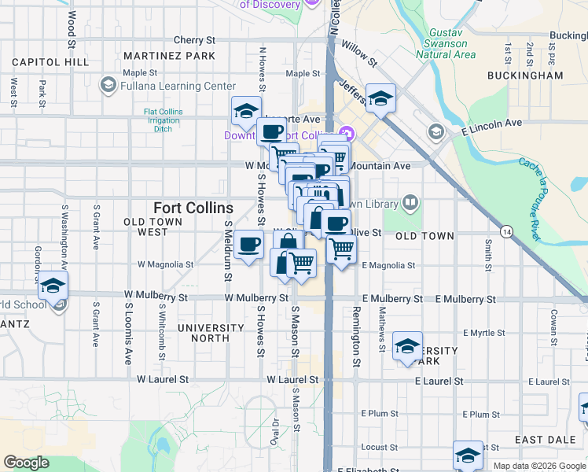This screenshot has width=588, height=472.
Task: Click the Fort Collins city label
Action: (x=193, y=208)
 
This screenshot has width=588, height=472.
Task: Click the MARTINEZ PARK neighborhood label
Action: (x=169, y=56)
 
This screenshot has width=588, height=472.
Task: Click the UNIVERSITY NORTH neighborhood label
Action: (x=211, y=333)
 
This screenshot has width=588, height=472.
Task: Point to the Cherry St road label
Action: (x=194, y=39)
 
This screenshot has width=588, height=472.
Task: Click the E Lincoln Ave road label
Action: (x=491, y=124)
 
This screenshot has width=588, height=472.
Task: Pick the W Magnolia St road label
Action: (x=165, y=264)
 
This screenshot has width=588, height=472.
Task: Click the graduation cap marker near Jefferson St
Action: (x=380, y=98)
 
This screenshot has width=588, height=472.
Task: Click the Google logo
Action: (x=26, y=463)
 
